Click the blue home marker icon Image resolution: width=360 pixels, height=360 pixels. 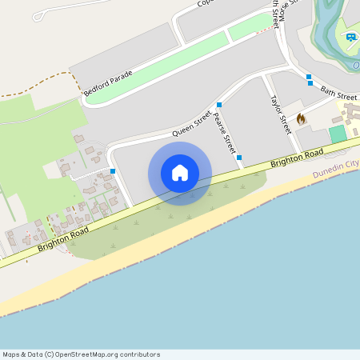pos(180,173)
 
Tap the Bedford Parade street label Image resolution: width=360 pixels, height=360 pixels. pos(108,82)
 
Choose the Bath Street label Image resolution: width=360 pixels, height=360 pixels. pos(339,94)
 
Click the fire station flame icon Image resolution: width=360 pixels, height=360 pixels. pos(301,119)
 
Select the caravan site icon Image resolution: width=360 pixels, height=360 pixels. pos(350,37)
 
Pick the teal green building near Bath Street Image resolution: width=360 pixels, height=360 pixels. pos(338,134)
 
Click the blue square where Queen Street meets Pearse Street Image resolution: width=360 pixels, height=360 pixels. pos(218,105)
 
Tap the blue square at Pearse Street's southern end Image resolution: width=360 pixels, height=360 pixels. pos(239,158)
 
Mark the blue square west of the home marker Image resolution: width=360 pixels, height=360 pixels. pos(113,170)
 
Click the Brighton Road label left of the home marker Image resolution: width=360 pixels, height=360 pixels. pos(63,238)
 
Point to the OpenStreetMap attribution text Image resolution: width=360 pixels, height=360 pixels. pos(81,354)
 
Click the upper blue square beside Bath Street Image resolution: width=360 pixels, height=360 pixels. pos(309,77)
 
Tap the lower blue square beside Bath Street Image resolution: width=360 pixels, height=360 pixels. pos(310,83)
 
